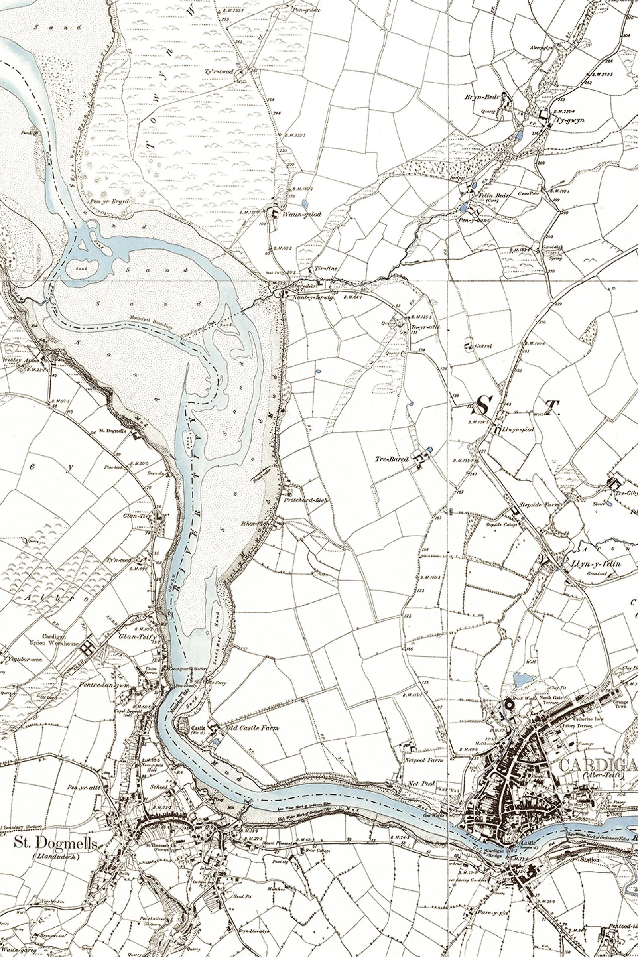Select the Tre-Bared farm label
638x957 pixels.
point(392,459)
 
